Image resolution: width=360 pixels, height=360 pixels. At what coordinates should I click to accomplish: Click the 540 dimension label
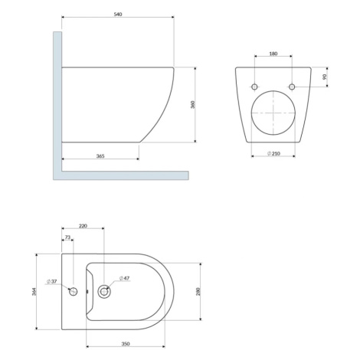(x=118, y=15)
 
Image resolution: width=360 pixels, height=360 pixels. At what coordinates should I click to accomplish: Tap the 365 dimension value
(x=100, y=156)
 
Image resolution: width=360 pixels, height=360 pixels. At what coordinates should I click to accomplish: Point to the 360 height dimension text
(x=193, y=105)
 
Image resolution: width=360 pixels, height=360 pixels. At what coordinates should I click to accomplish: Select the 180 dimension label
(x=273, y=54)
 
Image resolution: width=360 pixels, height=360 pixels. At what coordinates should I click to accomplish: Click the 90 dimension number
(x=325, y=77)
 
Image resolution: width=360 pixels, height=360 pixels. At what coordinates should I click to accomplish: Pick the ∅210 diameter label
(x=273, y=153)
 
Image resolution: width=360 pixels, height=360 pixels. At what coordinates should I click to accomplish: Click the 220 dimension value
(x=83, y=226)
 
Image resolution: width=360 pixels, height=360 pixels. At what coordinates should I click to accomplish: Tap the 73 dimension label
(x=67, y=237)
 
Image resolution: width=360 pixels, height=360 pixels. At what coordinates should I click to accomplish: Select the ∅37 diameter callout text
(x=52, y=281)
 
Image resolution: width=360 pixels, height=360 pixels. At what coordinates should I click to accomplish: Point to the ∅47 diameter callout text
(x=125, y=278)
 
